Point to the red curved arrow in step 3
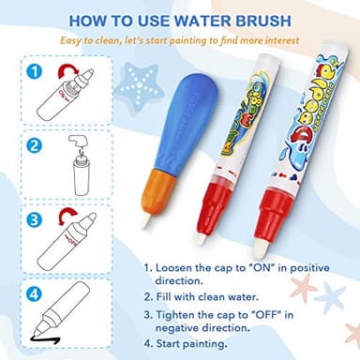pyautogui.click(x=65, y=222)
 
